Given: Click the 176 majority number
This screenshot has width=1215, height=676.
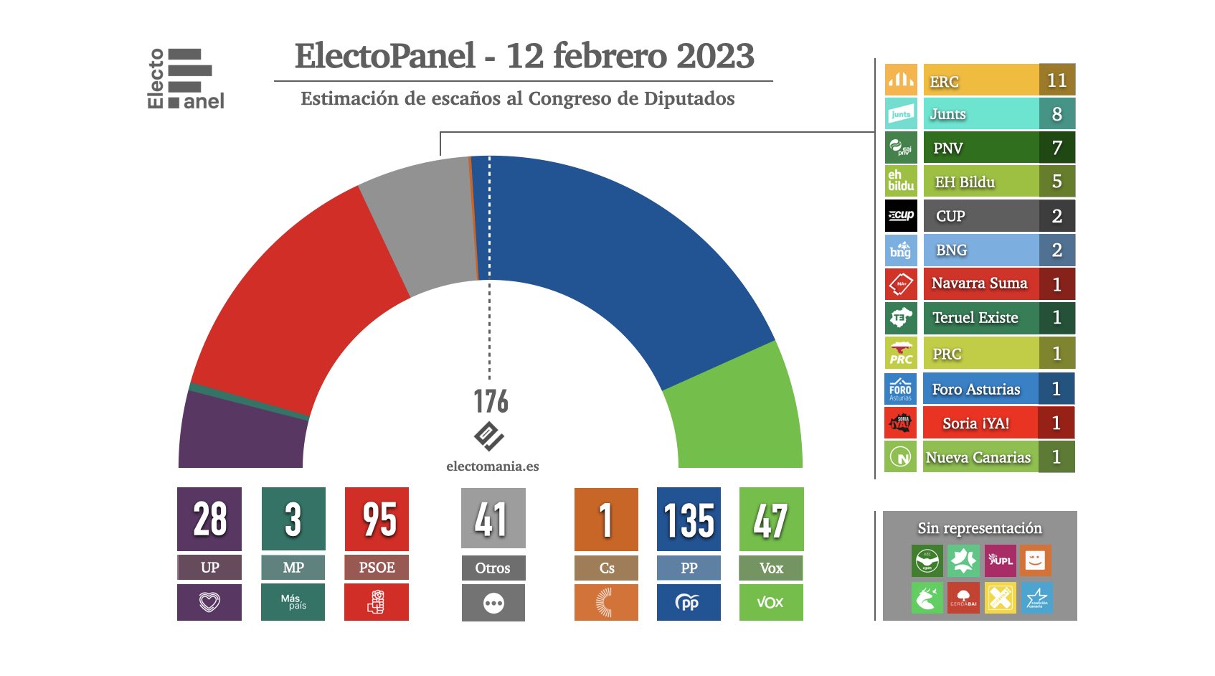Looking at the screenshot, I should tap(491, 402).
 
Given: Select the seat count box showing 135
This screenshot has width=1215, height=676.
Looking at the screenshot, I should tap(689, 519).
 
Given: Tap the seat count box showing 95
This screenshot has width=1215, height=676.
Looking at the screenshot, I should tap(377, 519).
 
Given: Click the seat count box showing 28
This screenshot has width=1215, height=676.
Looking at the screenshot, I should tap(209, 519).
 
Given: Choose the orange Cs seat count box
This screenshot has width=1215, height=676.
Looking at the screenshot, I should tap(606, 519).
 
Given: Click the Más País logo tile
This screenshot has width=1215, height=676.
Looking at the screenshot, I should tap(293, 601).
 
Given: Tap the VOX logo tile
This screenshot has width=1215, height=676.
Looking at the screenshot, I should tap(771, 601).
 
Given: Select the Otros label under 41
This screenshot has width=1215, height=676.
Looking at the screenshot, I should tap(493, 568).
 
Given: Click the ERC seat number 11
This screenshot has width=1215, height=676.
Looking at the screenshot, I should tap(1056, 80).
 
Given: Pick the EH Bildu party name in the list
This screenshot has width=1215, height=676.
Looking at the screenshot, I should tap(965, 182).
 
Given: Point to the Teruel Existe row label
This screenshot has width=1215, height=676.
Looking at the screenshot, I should tap(975, 318).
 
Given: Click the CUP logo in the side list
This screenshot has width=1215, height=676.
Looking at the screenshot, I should tap(901, 216).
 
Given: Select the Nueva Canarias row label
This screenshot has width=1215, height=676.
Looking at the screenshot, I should tap(978, 457).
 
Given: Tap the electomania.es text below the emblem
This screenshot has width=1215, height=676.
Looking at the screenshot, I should tap(492, 466).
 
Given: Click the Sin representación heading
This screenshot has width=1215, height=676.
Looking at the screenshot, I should tap(980, 528).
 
